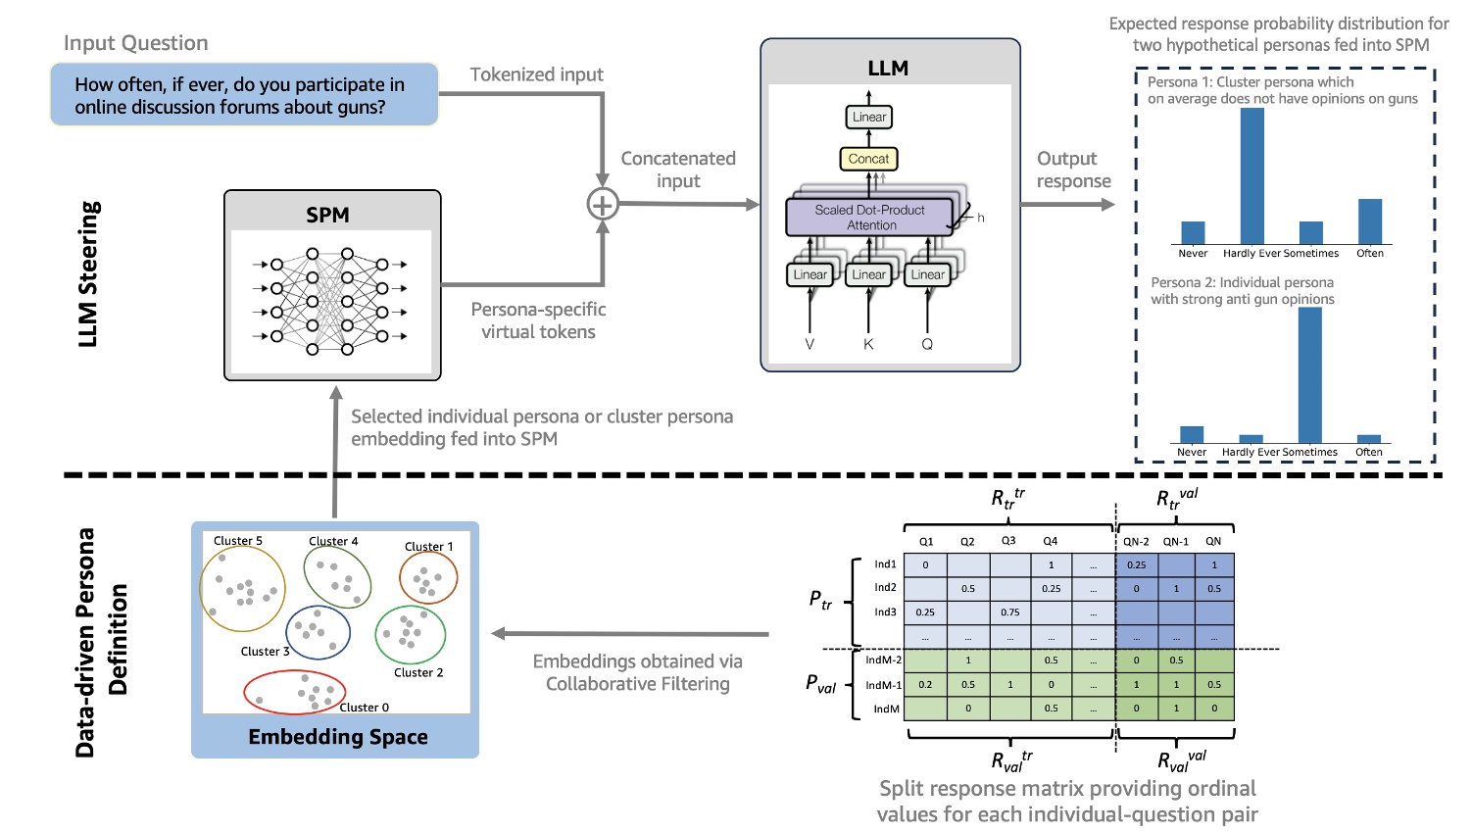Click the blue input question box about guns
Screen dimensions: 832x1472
pos(244,95)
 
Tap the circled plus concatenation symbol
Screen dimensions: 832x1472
pos(602,204)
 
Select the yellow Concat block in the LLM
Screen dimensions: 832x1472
pos(868,159)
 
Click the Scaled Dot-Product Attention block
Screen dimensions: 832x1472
pos(869,218)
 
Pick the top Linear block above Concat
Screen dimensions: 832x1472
pos(868,117)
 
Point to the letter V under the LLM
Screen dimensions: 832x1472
pos(810,344)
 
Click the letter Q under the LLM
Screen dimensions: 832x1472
pos(927,344)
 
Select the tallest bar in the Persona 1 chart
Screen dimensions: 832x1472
pos(1251,176)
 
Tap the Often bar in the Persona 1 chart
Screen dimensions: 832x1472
pos(1369,221)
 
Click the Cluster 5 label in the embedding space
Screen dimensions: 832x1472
pos(238,541)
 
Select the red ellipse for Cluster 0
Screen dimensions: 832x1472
pos(294,692)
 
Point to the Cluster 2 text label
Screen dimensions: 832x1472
pos(418,672)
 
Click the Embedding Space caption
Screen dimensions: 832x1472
pos(338,737)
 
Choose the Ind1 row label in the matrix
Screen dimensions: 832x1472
pos(885,564)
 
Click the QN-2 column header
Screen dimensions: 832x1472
pos(1136,541)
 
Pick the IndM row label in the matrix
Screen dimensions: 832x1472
pos(886,709)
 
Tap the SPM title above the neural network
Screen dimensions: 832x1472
pos(327,215)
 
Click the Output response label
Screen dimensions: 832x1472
pos(1072,170)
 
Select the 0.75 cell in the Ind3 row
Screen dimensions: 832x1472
pos(1010,612)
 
